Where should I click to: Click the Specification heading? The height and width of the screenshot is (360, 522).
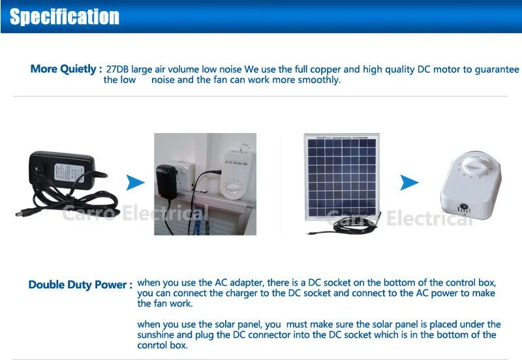[x=65, y=17]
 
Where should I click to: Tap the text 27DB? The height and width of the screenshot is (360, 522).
[x=117, y=70]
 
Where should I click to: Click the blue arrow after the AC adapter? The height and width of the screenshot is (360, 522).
[x=135, y=183]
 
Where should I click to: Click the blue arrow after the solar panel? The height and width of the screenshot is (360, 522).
[x=409, y=183]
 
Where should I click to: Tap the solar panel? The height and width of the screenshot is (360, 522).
[x=342, y=177]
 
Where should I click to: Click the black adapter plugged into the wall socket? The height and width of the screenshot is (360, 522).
[x=166, y=183]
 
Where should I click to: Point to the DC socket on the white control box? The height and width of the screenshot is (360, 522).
[x=463, y=207]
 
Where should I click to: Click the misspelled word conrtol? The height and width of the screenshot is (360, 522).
[x=152, y=345]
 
